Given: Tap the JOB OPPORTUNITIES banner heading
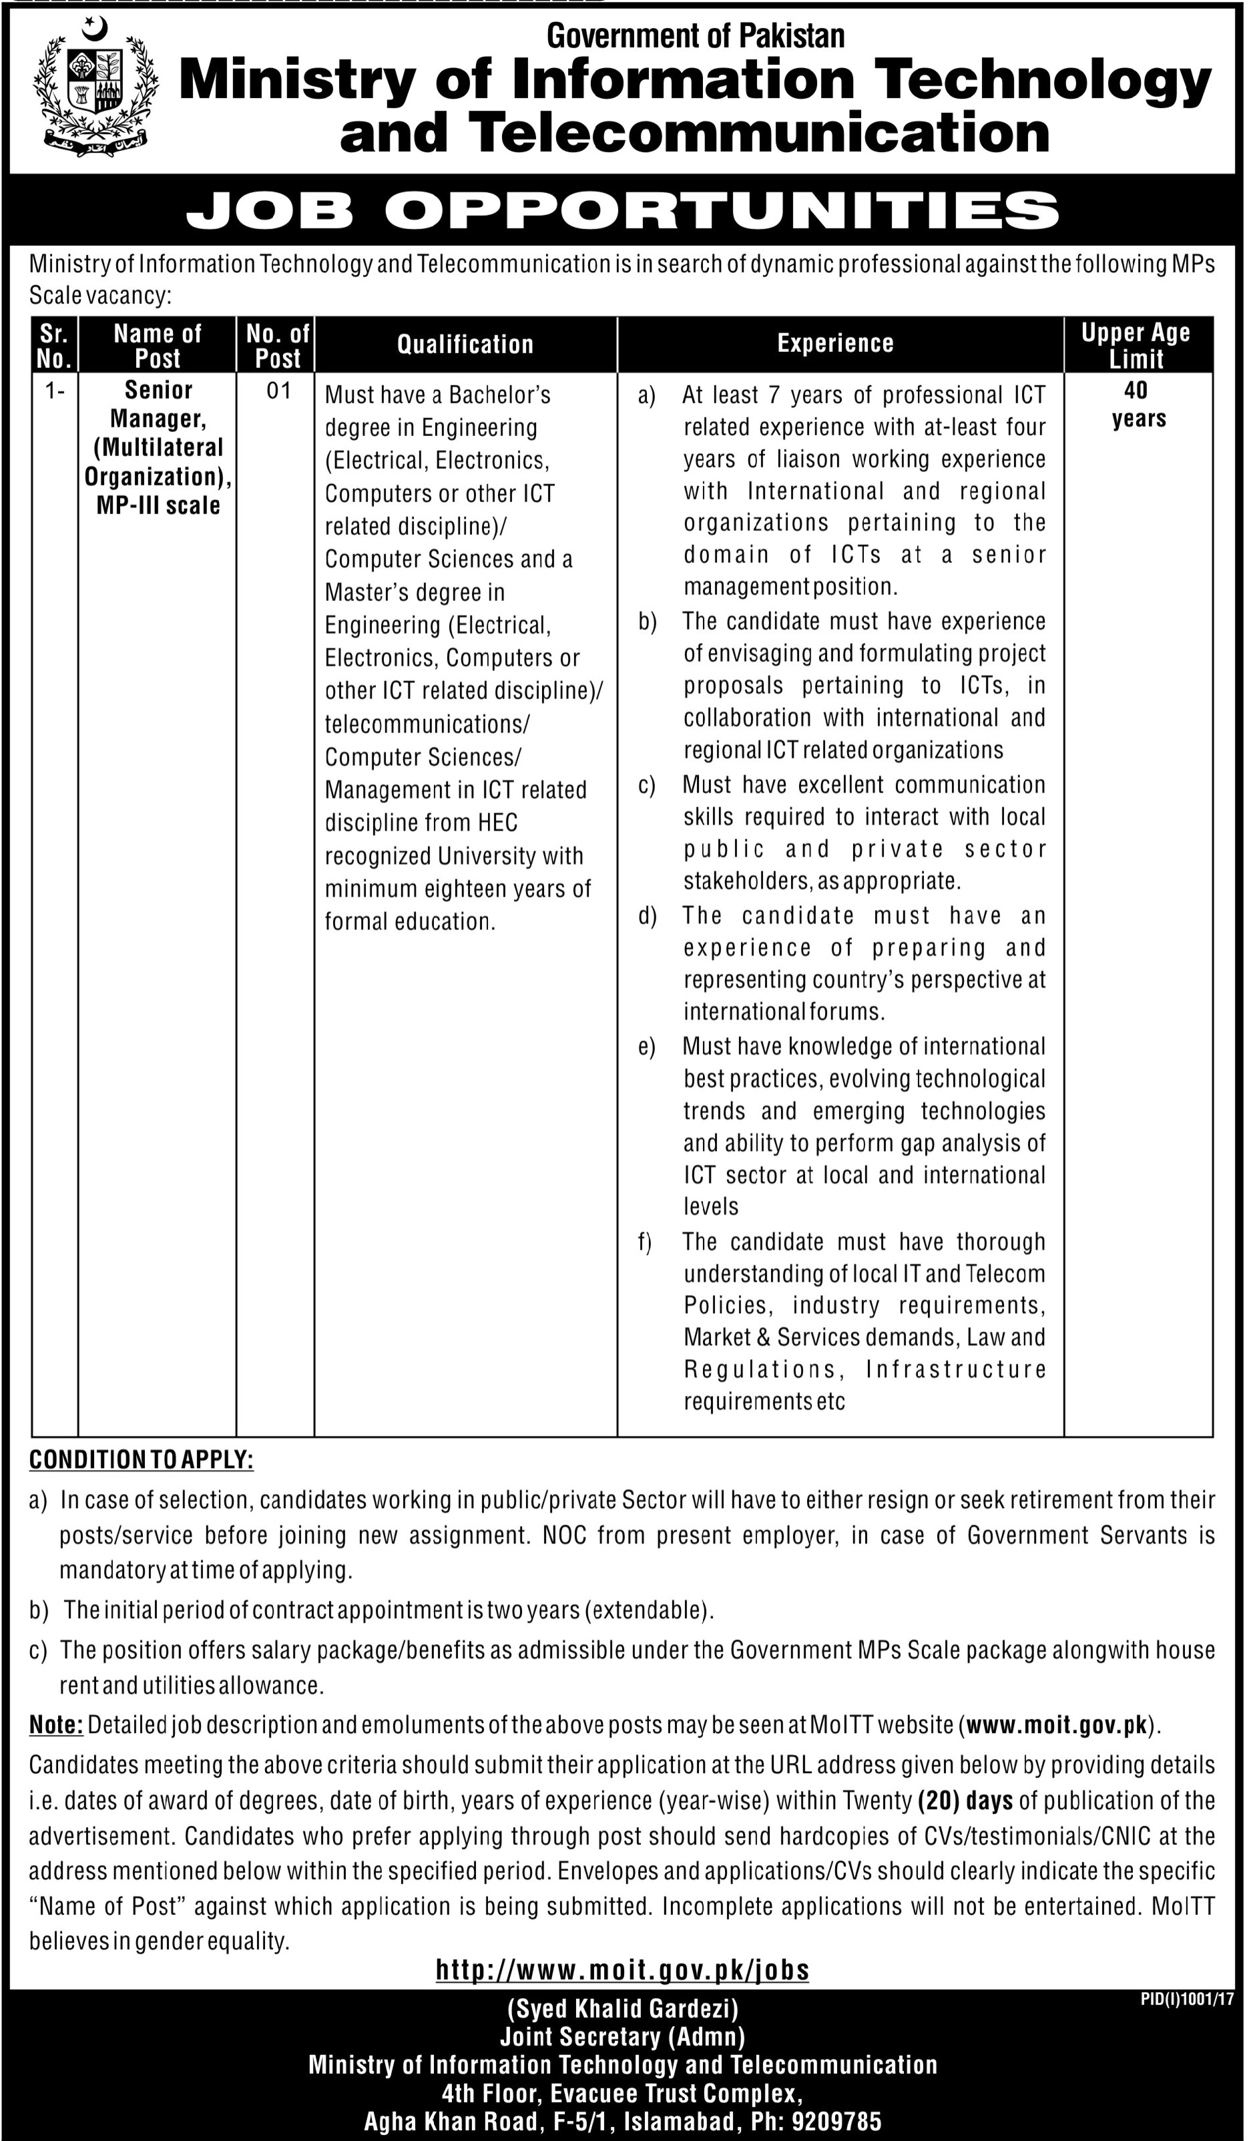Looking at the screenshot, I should (x=622, y=211).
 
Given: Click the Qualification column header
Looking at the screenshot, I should (x=465, y=344).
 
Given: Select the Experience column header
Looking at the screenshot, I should (x=835, y=343).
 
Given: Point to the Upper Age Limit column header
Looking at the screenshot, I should (x=1136, y=346).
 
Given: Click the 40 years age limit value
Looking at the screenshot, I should (x=1138, y=405).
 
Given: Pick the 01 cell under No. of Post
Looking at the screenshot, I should (x=278, y=391).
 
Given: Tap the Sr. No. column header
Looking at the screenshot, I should (x=53, y=346).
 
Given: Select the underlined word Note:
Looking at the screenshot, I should (x=56, y=1724).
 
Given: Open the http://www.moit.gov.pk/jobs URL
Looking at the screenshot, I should (x=622, y=1945).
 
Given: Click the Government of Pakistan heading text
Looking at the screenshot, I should (x=695, y=35).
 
